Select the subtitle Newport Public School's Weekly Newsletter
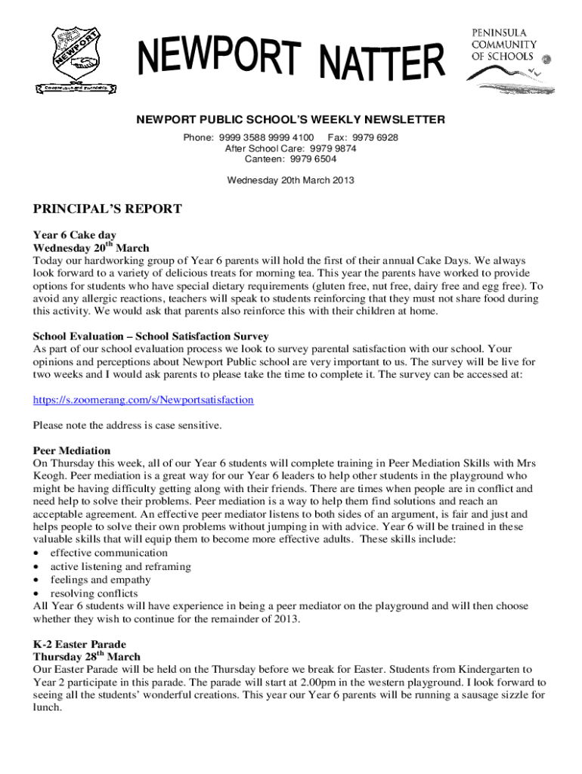[x=290, y=119]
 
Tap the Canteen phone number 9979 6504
[x=311, y=159]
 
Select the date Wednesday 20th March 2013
[x=290, y=180]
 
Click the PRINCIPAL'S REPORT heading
[x=107, y=209]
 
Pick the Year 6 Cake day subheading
[x=74, y=235]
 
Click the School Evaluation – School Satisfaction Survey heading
[x=150, y=336]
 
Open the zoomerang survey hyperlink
[x=143, y=399]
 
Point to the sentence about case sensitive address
[x=127, y=425]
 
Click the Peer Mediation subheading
[x=72, y=450]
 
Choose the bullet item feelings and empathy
[x=100, y=580]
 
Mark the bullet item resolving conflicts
[x=94, y=593]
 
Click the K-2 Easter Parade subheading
[x=79, y=645]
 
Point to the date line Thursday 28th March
[x=86, y=657]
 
